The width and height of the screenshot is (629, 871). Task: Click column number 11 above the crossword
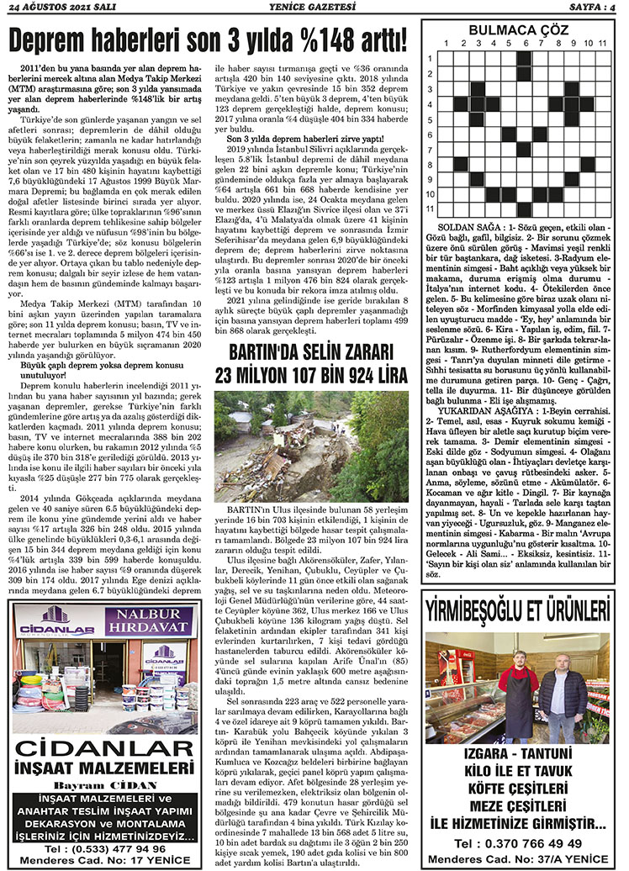click(x=602, y=43)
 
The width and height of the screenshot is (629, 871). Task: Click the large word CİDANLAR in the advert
click(x=103, y=747)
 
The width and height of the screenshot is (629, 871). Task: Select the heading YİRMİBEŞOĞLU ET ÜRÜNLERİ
click(x=518, y=608)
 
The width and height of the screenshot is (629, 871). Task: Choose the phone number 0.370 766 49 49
click(x=518, y=843)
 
